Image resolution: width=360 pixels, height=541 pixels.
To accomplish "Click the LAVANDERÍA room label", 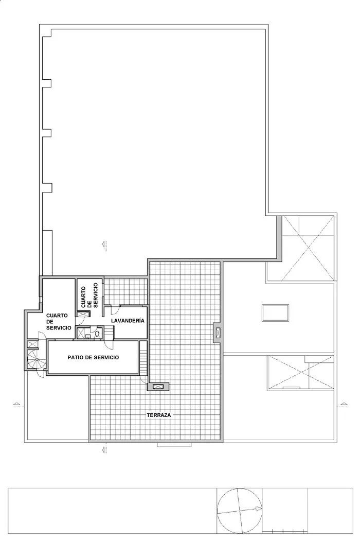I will pyautogui.click(x=127, y=321).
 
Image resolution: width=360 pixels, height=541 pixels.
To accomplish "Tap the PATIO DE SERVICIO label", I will pyautogui.click(x=94, y=357).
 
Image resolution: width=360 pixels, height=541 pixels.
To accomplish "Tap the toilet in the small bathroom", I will pyautogui.click(x=97, y=334).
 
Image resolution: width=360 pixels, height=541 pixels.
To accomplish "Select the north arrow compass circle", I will pyautogui.click(x=239, y=509).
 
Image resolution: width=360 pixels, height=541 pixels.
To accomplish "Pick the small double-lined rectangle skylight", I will pyautogui.click(x=276, y=312).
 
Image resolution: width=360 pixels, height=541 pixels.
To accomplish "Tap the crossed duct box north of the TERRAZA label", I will pyautogui.click(x=157, y=386).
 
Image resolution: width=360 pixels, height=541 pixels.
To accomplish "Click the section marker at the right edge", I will pyautogui.click(x=342, y=404).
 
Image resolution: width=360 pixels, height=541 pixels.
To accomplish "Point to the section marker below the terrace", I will pyautogui.click(x=104, y=450).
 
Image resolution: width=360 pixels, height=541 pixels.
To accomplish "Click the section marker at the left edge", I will pyautogui.click(x=17, y=404).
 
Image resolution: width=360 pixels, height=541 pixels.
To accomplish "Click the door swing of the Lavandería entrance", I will pyautogui.click(x=107, y=310).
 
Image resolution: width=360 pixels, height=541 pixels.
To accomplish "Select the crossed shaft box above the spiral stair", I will pyautogui.click(x=32, y=343).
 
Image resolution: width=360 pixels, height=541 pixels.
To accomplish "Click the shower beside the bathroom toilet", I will pyautogui.click(x=81, y=334).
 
